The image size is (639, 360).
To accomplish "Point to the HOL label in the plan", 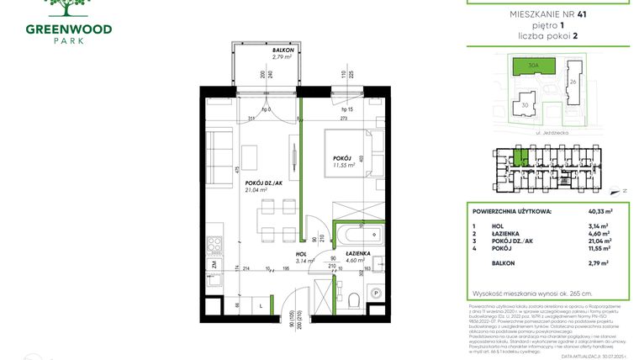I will point(299,253).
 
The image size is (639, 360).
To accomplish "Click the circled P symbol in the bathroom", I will point(376,292).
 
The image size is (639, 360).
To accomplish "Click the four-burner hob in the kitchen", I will point(215,245).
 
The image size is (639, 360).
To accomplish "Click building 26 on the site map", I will point(573,82).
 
